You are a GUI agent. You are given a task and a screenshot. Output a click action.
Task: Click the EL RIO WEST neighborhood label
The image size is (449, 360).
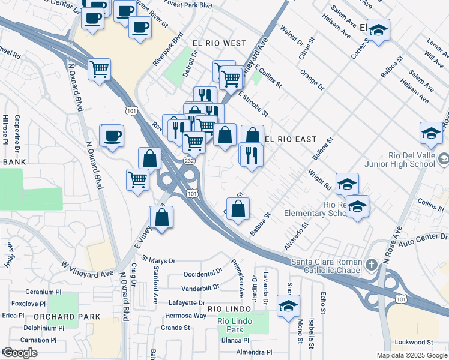pos(219,43)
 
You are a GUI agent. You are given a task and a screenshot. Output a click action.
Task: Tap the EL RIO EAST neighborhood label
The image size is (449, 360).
pos(291,139)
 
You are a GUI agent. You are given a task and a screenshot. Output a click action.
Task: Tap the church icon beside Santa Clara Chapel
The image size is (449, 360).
pos(372,264)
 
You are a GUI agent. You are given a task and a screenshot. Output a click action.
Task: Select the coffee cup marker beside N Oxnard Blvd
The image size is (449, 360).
pos(112,135)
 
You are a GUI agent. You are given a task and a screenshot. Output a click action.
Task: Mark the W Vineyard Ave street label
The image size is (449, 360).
pos(87,269)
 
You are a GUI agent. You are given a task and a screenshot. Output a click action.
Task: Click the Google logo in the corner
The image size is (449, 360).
pos(20,353)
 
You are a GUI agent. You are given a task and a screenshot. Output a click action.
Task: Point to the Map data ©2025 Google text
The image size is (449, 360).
pos(411,355)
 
